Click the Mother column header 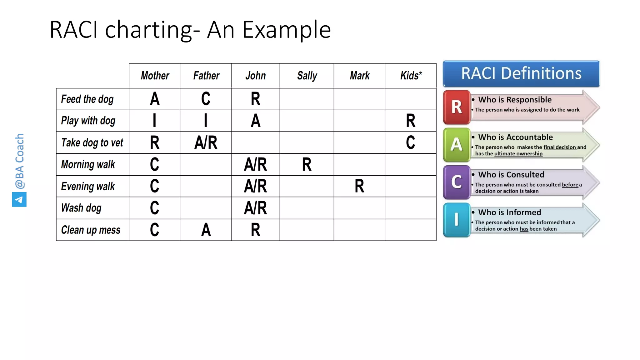(x=155, y=76)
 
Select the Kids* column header (x=411, y=76)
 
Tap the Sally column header (x=307, y=76)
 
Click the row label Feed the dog (x=87, y=99)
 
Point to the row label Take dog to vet (x=92, y=143)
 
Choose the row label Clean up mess (x=91, y=230)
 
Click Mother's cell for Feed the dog (x=155, y=99)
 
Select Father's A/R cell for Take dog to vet (x=206, y=143)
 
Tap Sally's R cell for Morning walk (x=307, y=165)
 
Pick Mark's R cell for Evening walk (x=359, y=186)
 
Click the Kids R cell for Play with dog (x=411, y=121)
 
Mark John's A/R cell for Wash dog (x=255, y=208)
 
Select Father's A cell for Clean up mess (x=206, y=230)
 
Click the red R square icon (x=457, y=107)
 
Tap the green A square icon (x=457, y=145)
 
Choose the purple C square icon (x=457, y=182)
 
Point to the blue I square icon (x=457, y=220)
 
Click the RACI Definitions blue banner (x=521, y=74)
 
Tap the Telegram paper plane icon (x=19, y=200)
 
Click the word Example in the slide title (x=287, y=30)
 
